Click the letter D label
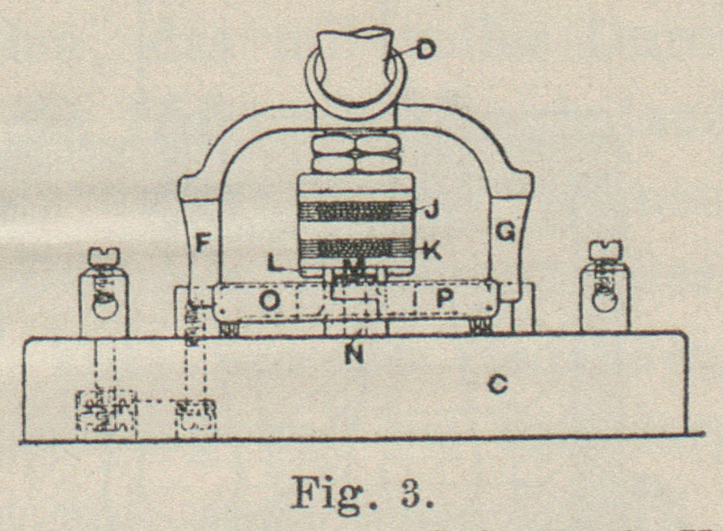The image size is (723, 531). click(425, 51)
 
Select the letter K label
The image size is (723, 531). click(431, 250)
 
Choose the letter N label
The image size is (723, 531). click(354, 354)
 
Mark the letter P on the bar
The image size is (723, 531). click(444, 300)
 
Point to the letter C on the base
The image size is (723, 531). click(498, 387)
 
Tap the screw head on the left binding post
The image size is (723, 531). click(103, 255)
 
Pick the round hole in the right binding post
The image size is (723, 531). click(605, 301)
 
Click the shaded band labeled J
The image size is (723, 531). click(355, 211)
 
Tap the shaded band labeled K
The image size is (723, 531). click(355, 249)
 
